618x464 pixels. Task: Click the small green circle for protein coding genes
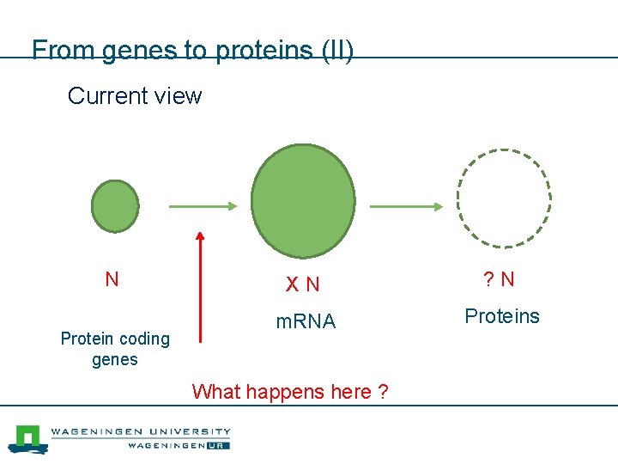click(115, 206)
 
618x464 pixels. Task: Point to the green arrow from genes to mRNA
click(202, 206)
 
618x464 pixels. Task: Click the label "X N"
click(302, 284)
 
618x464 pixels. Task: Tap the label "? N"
click(499, 279)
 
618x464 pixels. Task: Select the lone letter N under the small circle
click(112, 279)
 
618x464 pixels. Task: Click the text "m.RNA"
click(305, 322)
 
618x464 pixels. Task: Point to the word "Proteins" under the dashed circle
click(502, 316)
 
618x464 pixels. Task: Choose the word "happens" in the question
click(284, 392)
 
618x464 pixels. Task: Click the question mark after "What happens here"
click(382, 392)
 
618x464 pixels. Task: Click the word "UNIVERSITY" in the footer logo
click(187, 431)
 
